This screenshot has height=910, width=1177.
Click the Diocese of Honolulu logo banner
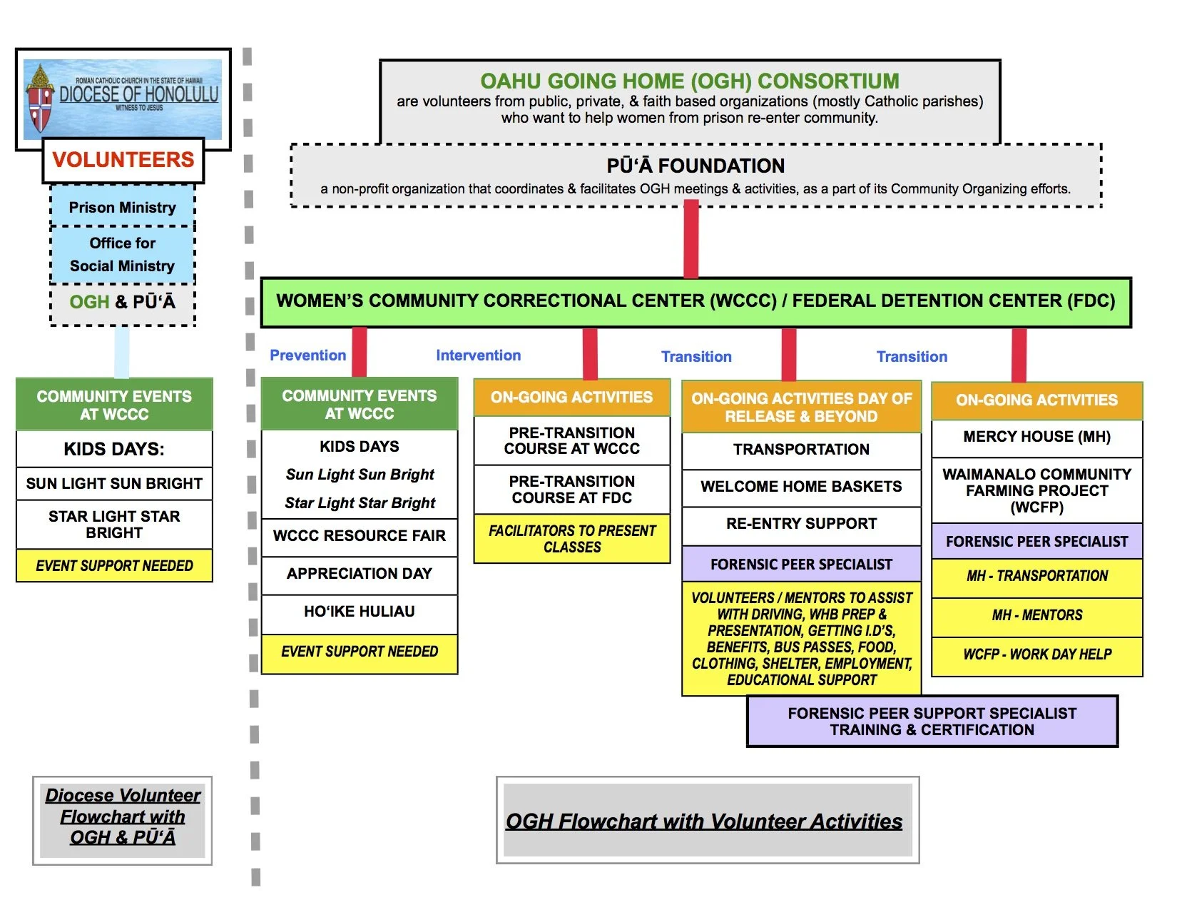[x=123, y=99]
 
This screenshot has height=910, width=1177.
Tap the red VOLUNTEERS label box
[x=123, y=160]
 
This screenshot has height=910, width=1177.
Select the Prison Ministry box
[x=122, y=207]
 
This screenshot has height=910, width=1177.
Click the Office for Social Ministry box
[x=122, y=255]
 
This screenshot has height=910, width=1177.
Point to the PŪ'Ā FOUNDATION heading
[x=695, y=166]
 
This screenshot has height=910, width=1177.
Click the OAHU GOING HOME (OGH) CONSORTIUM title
[x=689, y=81]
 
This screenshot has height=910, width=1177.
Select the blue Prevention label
[x=307, y=355]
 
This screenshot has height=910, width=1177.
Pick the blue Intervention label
[x=478, y=355]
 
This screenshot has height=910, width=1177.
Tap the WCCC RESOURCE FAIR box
[x=359, y=536]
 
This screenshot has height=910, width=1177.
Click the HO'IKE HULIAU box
[x=359, y=612]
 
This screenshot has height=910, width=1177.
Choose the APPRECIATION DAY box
[x=359, y=574]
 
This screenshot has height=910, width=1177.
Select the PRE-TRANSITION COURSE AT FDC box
[x=571, y=490]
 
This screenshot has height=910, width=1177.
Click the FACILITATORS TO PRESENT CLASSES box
[x=571, y=539]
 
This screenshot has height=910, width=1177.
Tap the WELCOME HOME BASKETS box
[x=801, y=487]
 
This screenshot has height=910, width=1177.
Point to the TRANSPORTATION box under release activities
[x=801, y=450]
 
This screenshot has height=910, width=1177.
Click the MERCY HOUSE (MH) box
[x=1036, y=437]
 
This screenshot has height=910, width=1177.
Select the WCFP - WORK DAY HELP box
[x=1036, y=654]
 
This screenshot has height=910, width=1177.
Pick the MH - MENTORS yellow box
[x=1036, y=615]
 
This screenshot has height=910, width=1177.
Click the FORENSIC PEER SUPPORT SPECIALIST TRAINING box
[x=932, y=722]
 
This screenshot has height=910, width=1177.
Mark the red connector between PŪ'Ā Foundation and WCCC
[x=691, y=240]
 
